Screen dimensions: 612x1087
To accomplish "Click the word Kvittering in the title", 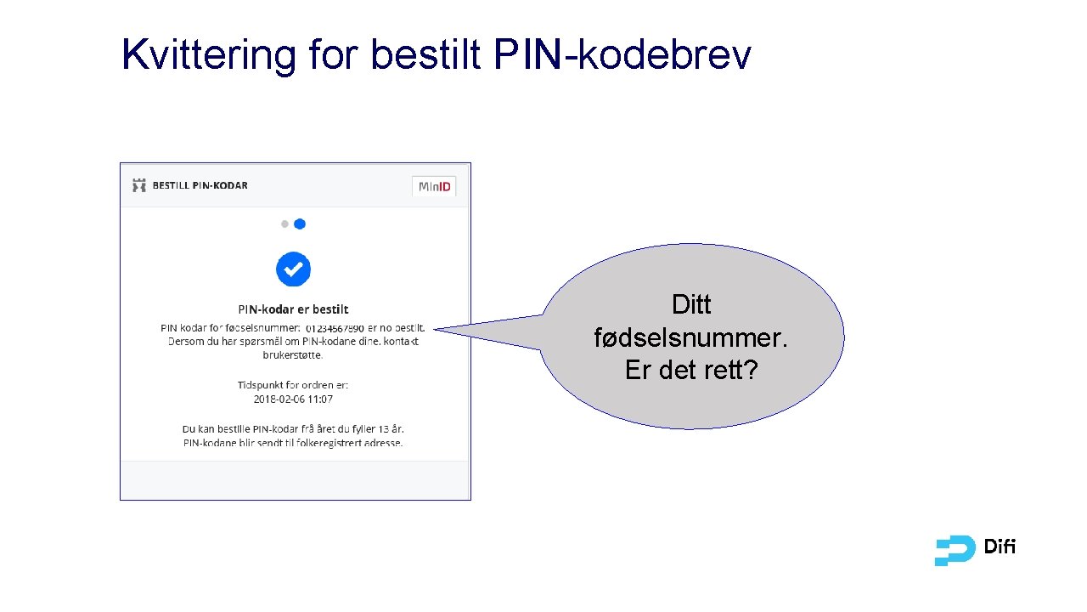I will pyautogui.click(x=209, y=54).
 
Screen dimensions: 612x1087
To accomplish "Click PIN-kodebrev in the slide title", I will pyautogui.click(x=622, y=54).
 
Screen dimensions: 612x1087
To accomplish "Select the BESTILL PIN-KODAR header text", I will pyautogui.click(x=200, y=185).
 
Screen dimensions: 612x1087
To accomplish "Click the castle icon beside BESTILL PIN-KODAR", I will pyautogui.click(x=139, y=185).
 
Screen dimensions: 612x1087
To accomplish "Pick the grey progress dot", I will pyautogui.click(x=284, y=224).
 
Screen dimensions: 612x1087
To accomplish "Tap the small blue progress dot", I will pyautogui.click(x=300, y=224).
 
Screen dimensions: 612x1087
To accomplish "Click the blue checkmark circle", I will pyautogui.click(x=293, y=269).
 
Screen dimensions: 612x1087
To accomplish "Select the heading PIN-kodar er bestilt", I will pyautogui.click(x=293, y=309).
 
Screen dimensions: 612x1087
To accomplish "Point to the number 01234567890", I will pyautogui.click(x=335, y=328).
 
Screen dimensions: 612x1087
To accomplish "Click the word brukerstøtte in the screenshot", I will pyautogui.click(x=293, y=354).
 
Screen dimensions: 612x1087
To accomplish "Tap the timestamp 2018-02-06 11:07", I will pyautogui.click(x=293, y=399).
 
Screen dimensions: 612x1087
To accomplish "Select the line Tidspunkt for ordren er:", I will pyautogui.click(x=293, y=385).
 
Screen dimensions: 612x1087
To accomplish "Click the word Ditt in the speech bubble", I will pyautogui.click(x=691, y=304).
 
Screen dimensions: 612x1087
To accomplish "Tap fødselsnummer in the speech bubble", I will pyautogui.click(x=689, y=337).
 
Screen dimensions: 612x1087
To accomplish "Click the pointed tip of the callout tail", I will pyautogui.click(x=435, y=330).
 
